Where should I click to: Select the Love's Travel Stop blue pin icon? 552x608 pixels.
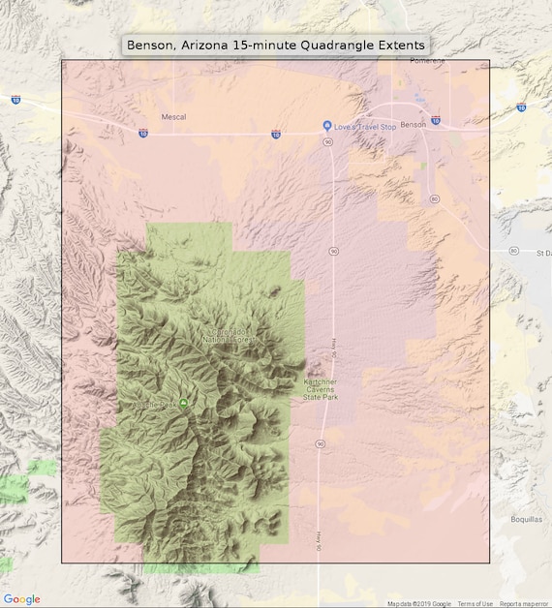327,126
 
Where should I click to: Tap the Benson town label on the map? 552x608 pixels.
413,125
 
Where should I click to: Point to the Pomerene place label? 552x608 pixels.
426,60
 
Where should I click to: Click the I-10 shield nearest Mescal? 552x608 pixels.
276,135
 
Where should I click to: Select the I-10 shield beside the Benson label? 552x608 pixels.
436,121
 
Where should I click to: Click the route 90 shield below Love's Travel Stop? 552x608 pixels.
328,142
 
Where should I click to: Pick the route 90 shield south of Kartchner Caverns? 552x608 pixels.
320,443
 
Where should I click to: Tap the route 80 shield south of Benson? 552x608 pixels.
435,198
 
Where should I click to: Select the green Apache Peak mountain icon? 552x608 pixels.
183,404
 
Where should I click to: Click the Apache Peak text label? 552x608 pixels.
157,405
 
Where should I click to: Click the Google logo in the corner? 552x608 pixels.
21,599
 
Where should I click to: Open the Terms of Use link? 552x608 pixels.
475,603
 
